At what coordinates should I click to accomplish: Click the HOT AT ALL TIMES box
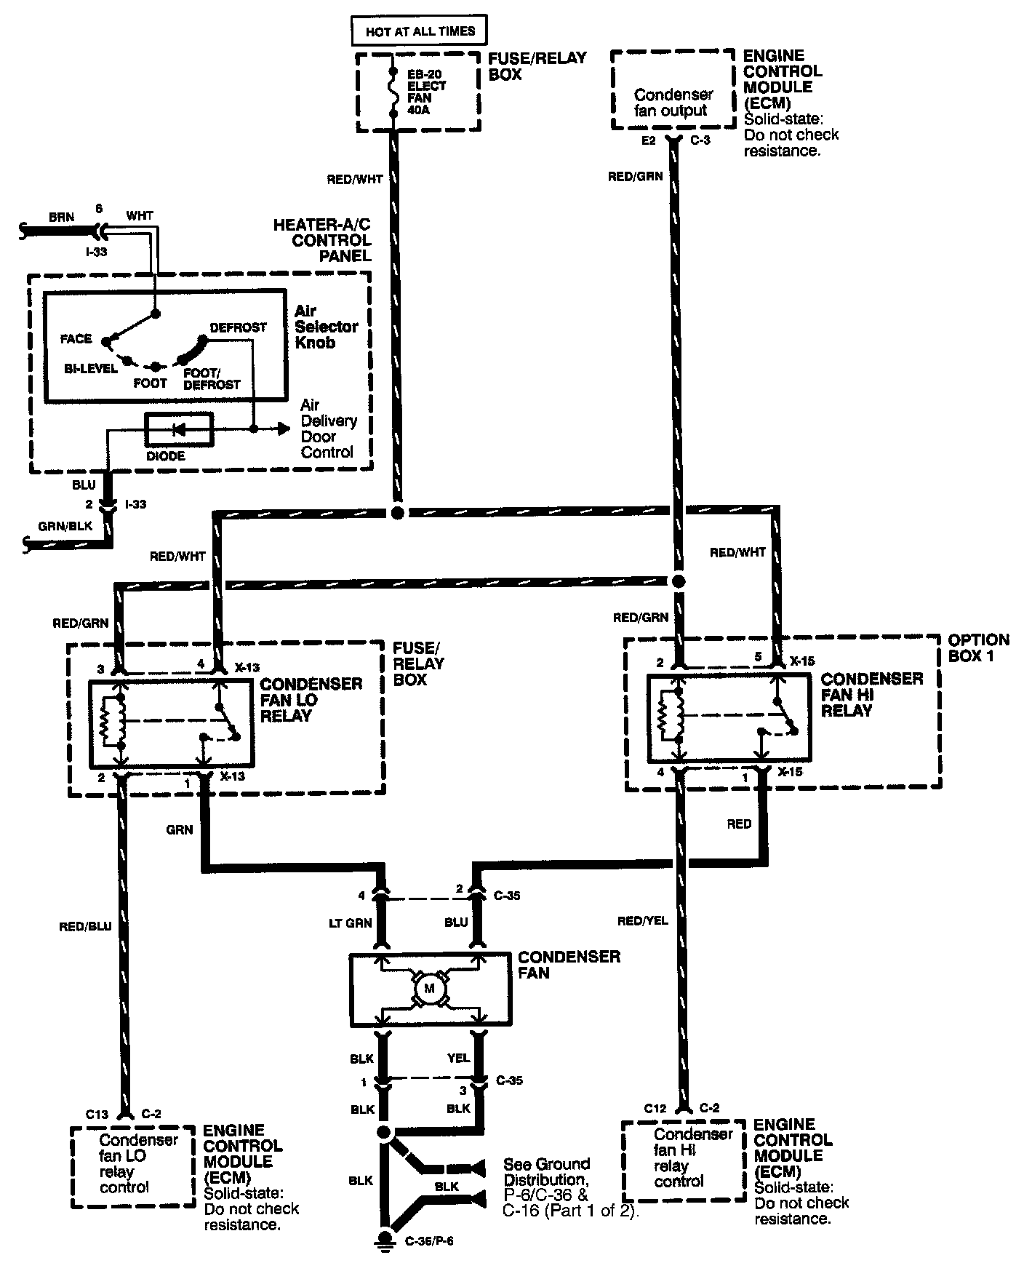[x=420, y=31]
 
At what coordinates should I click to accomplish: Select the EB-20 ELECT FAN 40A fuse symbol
[x=393, y=92]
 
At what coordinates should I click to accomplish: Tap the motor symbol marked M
[x=428, y=988]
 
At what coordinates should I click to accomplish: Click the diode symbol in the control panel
[x=179, y=429]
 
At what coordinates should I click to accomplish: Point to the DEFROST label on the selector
[x=238, y=327]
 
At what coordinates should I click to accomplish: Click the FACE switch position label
[x=76, y=338]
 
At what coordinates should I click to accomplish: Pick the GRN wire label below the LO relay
[x=179, y=829]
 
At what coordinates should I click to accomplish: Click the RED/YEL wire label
[x=642, y=920]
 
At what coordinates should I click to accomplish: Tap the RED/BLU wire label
[x=85, y=926]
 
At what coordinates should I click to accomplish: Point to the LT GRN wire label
[x=351, y=923]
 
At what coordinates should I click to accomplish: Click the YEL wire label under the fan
[x=459, y=1058]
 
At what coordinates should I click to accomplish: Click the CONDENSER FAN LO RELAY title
[x=311, y=700]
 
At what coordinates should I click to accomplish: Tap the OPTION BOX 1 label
[x=978, y=648]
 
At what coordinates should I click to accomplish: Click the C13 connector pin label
[x=97, y=1114]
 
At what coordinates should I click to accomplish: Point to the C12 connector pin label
[x=655, y=1108]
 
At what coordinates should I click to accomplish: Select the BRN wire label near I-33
[x=62, y=217]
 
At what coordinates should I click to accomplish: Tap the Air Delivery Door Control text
[x=329, y=429]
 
